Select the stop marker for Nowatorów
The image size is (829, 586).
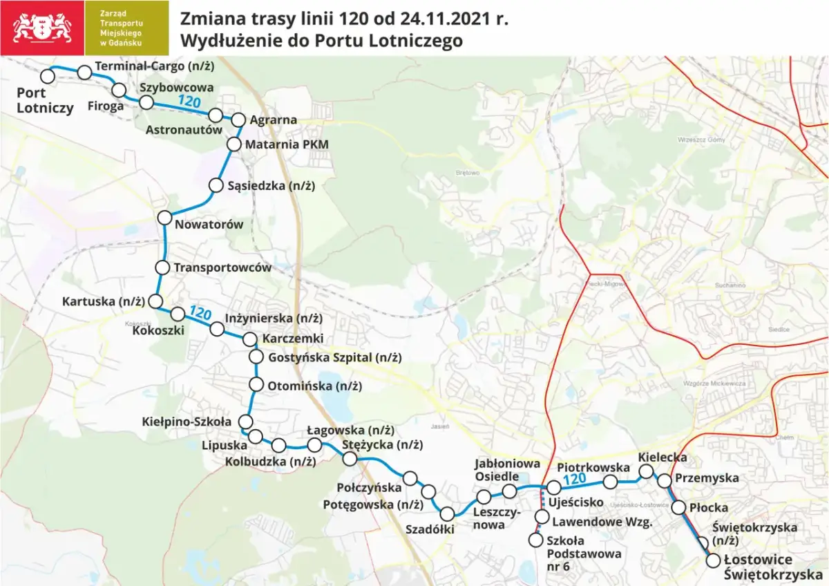click(x=164, y=218)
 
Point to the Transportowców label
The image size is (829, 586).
click(x=222, y=267)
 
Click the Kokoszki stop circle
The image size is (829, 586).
click(x=178, y=314)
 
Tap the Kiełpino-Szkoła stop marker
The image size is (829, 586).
click(x=245, y=422)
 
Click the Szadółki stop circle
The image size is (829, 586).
click(x=447, y=513)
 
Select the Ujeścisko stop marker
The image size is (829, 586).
click(x=553, y=489)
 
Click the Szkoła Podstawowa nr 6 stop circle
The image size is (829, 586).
click(x=535, y=540)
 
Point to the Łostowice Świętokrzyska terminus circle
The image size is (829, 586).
click(x=714, y=560)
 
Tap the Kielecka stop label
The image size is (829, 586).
click(x=663, y=457)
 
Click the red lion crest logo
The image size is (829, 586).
click(x=41, y=28)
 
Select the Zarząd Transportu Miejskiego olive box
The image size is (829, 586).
click(x=126, y=28)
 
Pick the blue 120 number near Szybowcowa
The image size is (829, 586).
click(x=189, y=102)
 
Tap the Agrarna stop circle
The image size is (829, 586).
click(x=238, y=119)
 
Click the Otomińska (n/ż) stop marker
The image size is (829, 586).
click(x=256, y=385)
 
